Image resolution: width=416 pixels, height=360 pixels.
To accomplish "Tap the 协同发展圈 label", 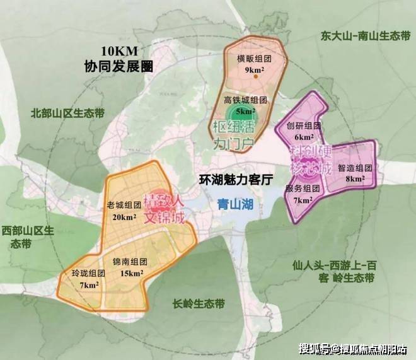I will [x=120, y=66].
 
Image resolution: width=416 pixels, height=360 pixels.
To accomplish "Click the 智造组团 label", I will [x=355, y=168].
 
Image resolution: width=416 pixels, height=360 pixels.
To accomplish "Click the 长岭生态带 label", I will [x=199, y=303].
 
